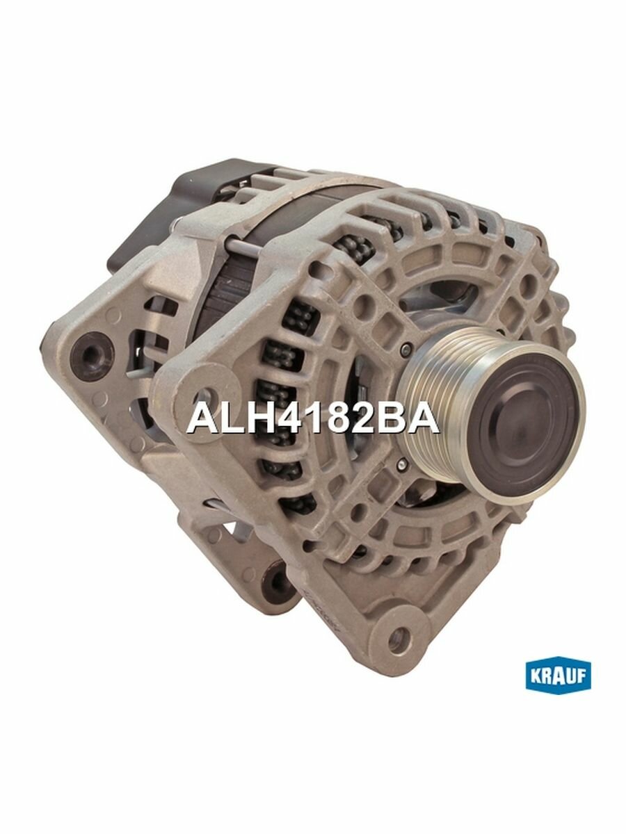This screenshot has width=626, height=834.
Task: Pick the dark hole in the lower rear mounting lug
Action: coord(278,576)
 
